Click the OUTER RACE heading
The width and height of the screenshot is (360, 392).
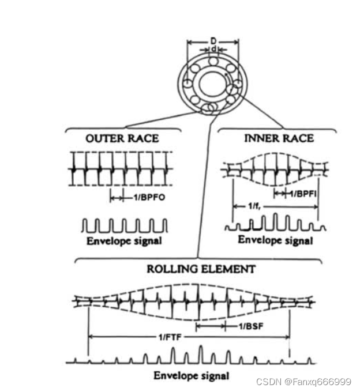pos(121,138)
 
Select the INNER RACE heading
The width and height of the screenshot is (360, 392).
pos(279,138)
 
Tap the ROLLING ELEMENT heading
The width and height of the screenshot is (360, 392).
pos(201,269)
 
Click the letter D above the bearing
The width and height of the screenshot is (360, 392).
pos(213,42)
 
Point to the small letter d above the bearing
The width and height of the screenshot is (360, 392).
pos(213,50)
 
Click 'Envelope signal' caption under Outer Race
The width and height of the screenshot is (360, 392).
pos(123,240)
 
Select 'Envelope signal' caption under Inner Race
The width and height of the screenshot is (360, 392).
pos(275,240)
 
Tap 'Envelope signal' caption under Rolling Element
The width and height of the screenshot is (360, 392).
pos(191,376)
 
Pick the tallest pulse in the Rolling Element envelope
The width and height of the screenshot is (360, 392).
pos(200,353)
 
